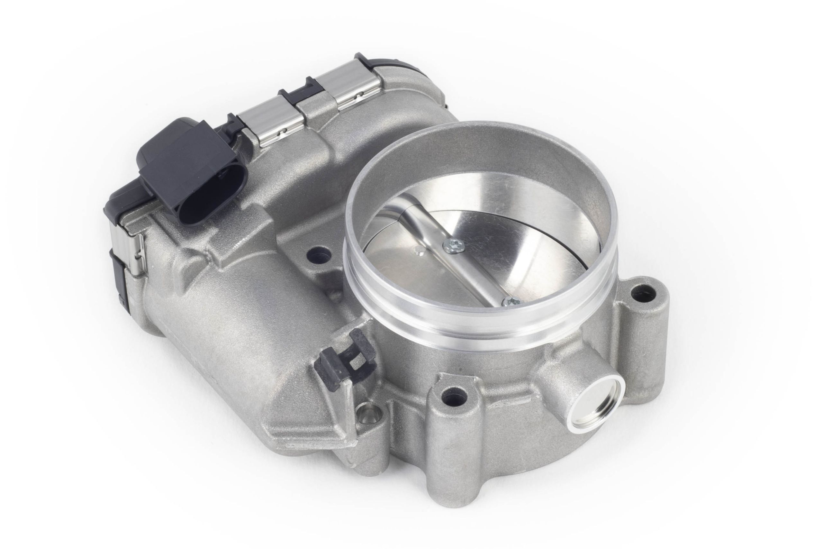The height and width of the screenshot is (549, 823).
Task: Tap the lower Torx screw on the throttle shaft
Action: click(510, 301)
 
